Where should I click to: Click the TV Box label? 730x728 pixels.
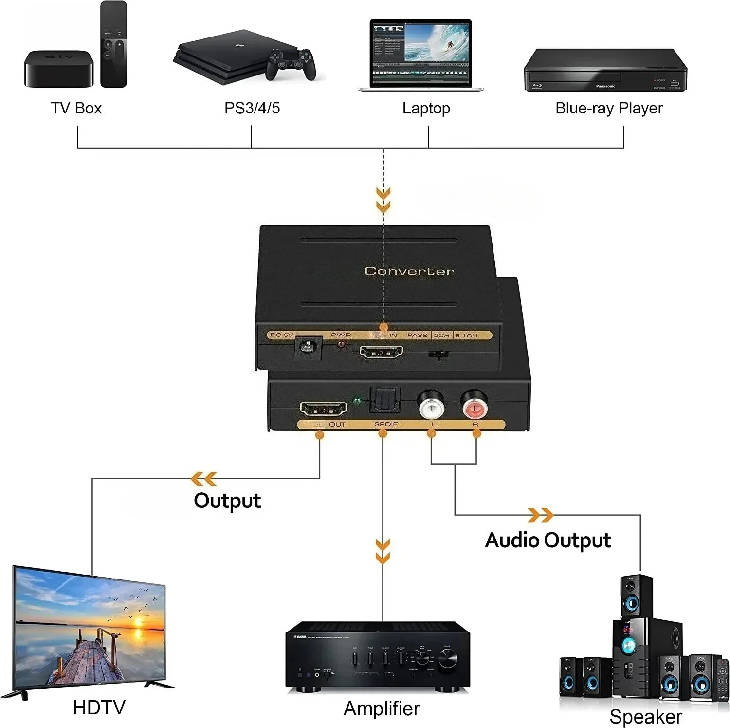[x=76, y=108]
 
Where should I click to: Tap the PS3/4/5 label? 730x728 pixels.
[x=252, y=108]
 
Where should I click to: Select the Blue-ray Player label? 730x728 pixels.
[x=609, y=108]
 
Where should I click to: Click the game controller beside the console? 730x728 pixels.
[x=290, y=65]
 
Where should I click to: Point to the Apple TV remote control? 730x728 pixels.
[x=113, y=45]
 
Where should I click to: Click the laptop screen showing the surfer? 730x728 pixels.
[x=420, y=47]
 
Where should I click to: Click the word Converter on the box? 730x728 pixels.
[x=409, y=271]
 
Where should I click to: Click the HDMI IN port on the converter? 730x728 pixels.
[x=381, y=352]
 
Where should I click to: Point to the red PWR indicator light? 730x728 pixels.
[x=341, y=345]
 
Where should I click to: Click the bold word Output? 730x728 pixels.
[x=227, y=501]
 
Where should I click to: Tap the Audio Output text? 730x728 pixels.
[x=547, y=540]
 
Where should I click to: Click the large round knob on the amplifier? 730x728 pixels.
[x=447, y=660]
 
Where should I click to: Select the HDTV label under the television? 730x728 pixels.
[x=99, y=708]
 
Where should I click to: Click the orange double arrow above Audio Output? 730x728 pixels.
[x=540, y=515]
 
